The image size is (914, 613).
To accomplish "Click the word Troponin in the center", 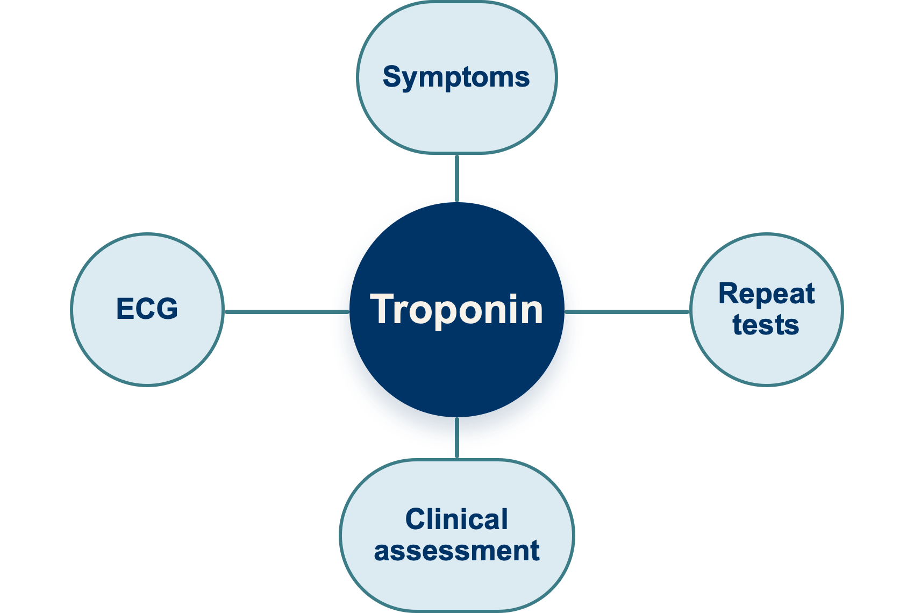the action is tap(456, 310).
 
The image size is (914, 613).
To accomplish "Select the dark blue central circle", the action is tap(457, 310).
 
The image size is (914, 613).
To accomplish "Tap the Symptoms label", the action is tap(456, 77).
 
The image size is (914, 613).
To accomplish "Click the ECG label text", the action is tap(147, 309).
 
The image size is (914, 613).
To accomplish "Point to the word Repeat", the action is tap(767, 294).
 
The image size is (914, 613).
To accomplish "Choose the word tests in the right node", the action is tap(766, 325).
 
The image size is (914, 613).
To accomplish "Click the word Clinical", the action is tap(456, 519).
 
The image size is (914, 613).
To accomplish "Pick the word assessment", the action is tap(457, 551).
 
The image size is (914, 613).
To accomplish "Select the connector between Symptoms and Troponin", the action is tap(457, 178).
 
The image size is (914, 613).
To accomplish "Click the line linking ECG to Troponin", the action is tap(287, 312).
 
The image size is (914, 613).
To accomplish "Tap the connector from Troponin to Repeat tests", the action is tap(627, 312).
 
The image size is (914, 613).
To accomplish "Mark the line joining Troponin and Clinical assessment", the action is tap(457, 438).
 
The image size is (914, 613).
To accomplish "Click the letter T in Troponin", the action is tap(383, 309).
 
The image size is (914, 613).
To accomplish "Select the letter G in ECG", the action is tap(167, 309).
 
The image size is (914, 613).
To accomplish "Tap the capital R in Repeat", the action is tap(729, 293).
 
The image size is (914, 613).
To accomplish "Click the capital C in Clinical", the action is tap(416, 519).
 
